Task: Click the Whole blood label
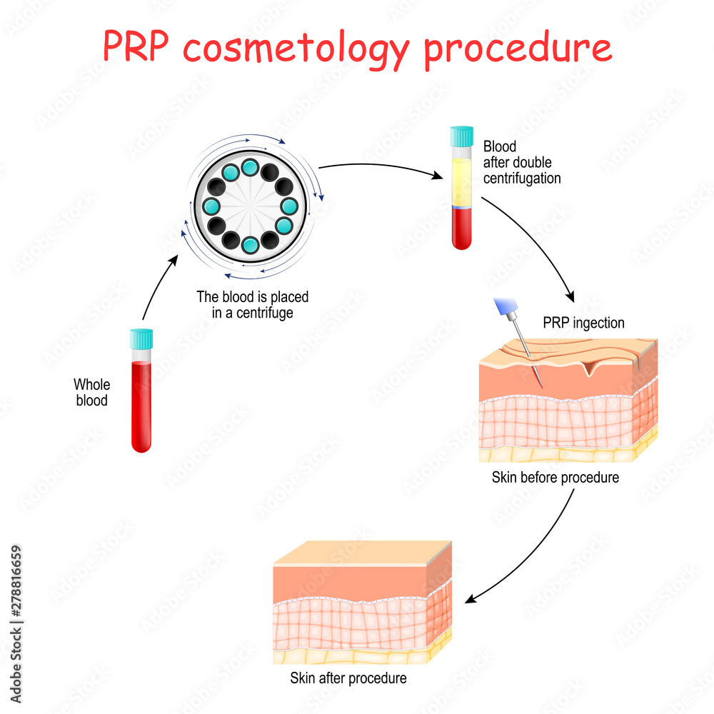(91, 393)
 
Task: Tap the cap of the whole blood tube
(141, 338)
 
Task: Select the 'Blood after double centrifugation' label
(521, 163)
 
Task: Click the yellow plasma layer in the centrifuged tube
(461, 182)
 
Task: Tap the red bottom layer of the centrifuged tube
(461, 228)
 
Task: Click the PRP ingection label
(583, 323)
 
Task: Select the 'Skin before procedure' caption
(555, 478)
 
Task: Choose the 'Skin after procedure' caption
(348, 678)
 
